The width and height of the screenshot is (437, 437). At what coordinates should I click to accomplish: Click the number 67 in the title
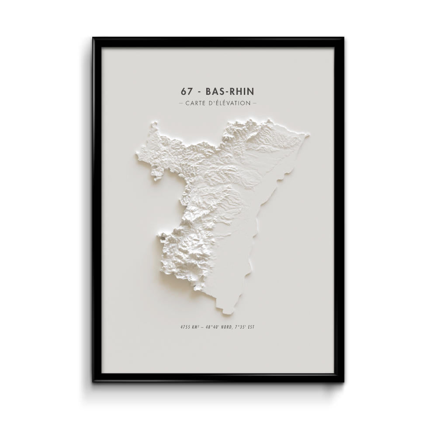tap(186, 92)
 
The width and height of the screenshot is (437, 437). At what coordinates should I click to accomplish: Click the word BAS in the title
tap(213, 92)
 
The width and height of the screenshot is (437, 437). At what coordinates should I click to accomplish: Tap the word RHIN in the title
tap(242, 92)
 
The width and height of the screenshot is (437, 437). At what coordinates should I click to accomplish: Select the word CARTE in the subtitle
tap(196, 104)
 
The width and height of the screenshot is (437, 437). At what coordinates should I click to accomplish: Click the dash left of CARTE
tap(181, 104)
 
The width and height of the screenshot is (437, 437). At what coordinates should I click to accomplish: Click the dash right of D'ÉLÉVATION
tap(255, 104)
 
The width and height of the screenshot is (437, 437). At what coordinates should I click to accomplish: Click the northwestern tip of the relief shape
tap(153, 124)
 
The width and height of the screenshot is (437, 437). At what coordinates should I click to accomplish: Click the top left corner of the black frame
tap(94, 38)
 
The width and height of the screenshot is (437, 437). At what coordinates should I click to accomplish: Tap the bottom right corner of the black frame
tap(343, 381)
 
